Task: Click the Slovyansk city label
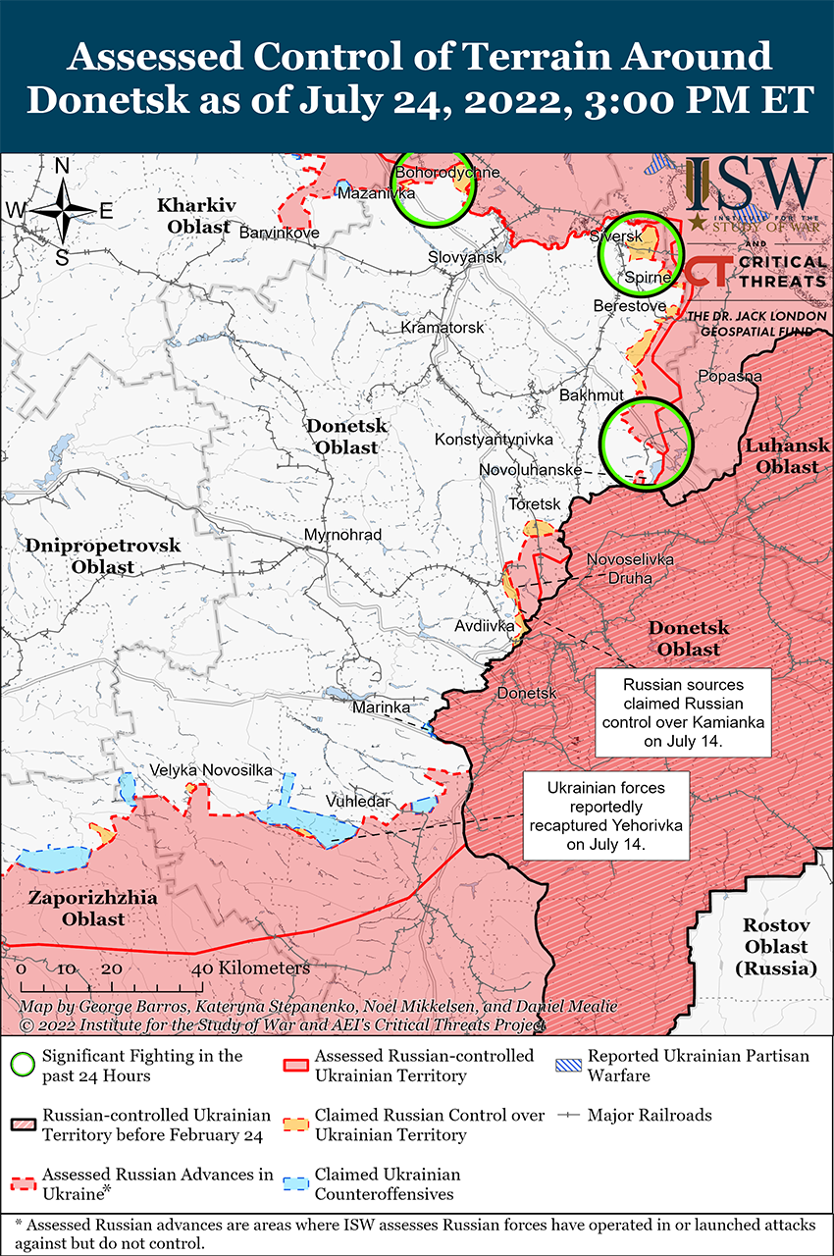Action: click(465, 257)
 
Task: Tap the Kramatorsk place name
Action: click(443, 328)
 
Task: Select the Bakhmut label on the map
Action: click(591, 395)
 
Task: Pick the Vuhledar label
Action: click(359, 802)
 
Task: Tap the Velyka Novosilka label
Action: click(211, 771)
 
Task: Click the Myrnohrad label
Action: click(342, 535)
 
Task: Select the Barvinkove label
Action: click(280, 233)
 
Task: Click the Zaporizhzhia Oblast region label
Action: click(77, 909)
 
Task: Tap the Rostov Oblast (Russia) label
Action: click(775, 947)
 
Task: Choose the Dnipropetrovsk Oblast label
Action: click(89, 556)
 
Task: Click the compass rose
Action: click(62, 210)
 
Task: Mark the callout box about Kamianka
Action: click(682, 713)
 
